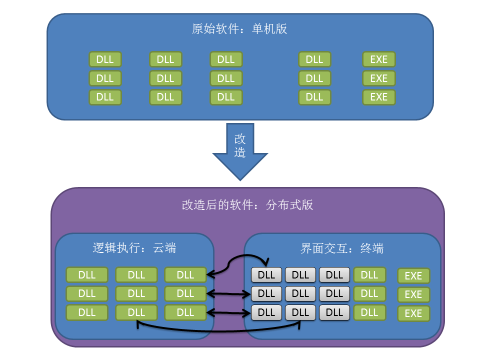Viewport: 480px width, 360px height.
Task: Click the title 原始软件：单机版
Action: [x=239, y=28]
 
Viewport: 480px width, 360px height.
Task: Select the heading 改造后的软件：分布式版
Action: [x=247, y=205]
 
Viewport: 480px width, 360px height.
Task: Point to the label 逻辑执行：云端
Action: [x=134, y=247]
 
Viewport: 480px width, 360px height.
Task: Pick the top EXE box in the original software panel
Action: [x=378, y=59]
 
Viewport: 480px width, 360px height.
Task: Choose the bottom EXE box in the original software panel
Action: [x=378, y=97]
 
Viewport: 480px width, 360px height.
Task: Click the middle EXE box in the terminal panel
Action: [x=413, y=294]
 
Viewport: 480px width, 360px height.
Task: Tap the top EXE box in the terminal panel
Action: [x=413, y=275]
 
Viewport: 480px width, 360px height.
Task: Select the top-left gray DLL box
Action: [x=266, y=274]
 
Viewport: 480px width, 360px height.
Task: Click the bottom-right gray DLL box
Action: [x=334, y=312]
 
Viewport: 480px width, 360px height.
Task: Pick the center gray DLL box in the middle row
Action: [x=300, y=293]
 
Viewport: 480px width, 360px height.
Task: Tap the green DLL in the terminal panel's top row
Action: [x=369, y=274]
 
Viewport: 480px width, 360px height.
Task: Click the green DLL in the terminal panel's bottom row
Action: [x=369, y=312]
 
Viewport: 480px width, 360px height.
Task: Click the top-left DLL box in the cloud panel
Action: [x=87, y=274]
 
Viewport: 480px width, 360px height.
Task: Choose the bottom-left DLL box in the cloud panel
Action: [x=87, y=312]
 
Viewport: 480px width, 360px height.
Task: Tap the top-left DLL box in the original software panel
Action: [x=105, y=59]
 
